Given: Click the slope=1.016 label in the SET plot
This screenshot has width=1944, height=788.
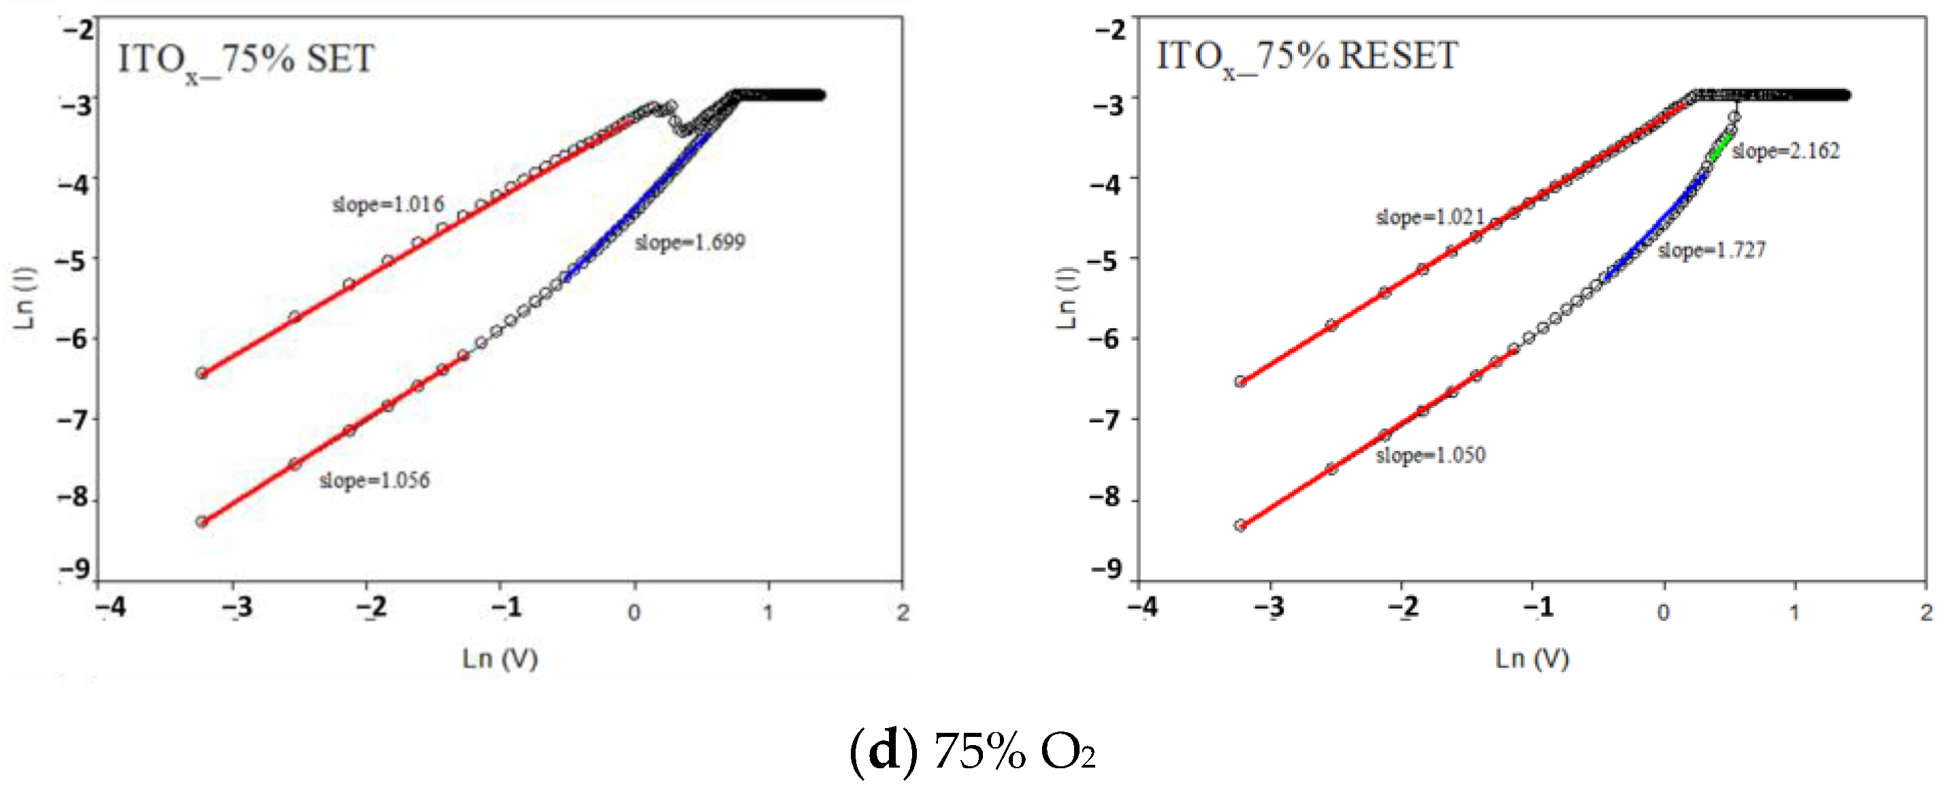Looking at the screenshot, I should pos(388,204).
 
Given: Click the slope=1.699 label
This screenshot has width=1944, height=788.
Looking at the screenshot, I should pos(690,242).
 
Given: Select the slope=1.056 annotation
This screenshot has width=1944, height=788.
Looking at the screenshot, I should pos(374,480).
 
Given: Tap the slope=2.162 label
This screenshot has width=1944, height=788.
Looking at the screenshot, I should pos(1785,151).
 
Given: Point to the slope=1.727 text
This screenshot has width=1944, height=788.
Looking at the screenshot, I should pos(1712,250).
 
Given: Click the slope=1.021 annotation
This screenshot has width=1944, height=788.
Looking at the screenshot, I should pos(1430,217).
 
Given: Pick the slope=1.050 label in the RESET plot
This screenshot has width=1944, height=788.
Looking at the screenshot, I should pos(1430,455).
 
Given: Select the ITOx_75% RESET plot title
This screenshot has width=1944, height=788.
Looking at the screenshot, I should pos(1307,57).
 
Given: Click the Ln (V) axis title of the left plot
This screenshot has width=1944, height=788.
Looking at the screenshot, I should pos(500,658).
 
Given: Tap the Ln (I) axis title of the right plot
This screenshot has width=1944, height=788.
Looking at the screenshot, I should pos(1065,298).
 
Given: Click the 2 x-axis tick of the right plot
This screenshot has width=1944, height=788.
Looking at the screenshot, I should pos(1926,612).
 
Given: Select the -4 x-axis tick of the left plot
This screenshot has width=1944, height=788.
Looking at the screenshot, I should pos(111,606).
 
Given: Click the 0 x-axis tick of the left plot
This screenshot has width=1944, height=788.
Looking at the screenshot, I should pos(634,612).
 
